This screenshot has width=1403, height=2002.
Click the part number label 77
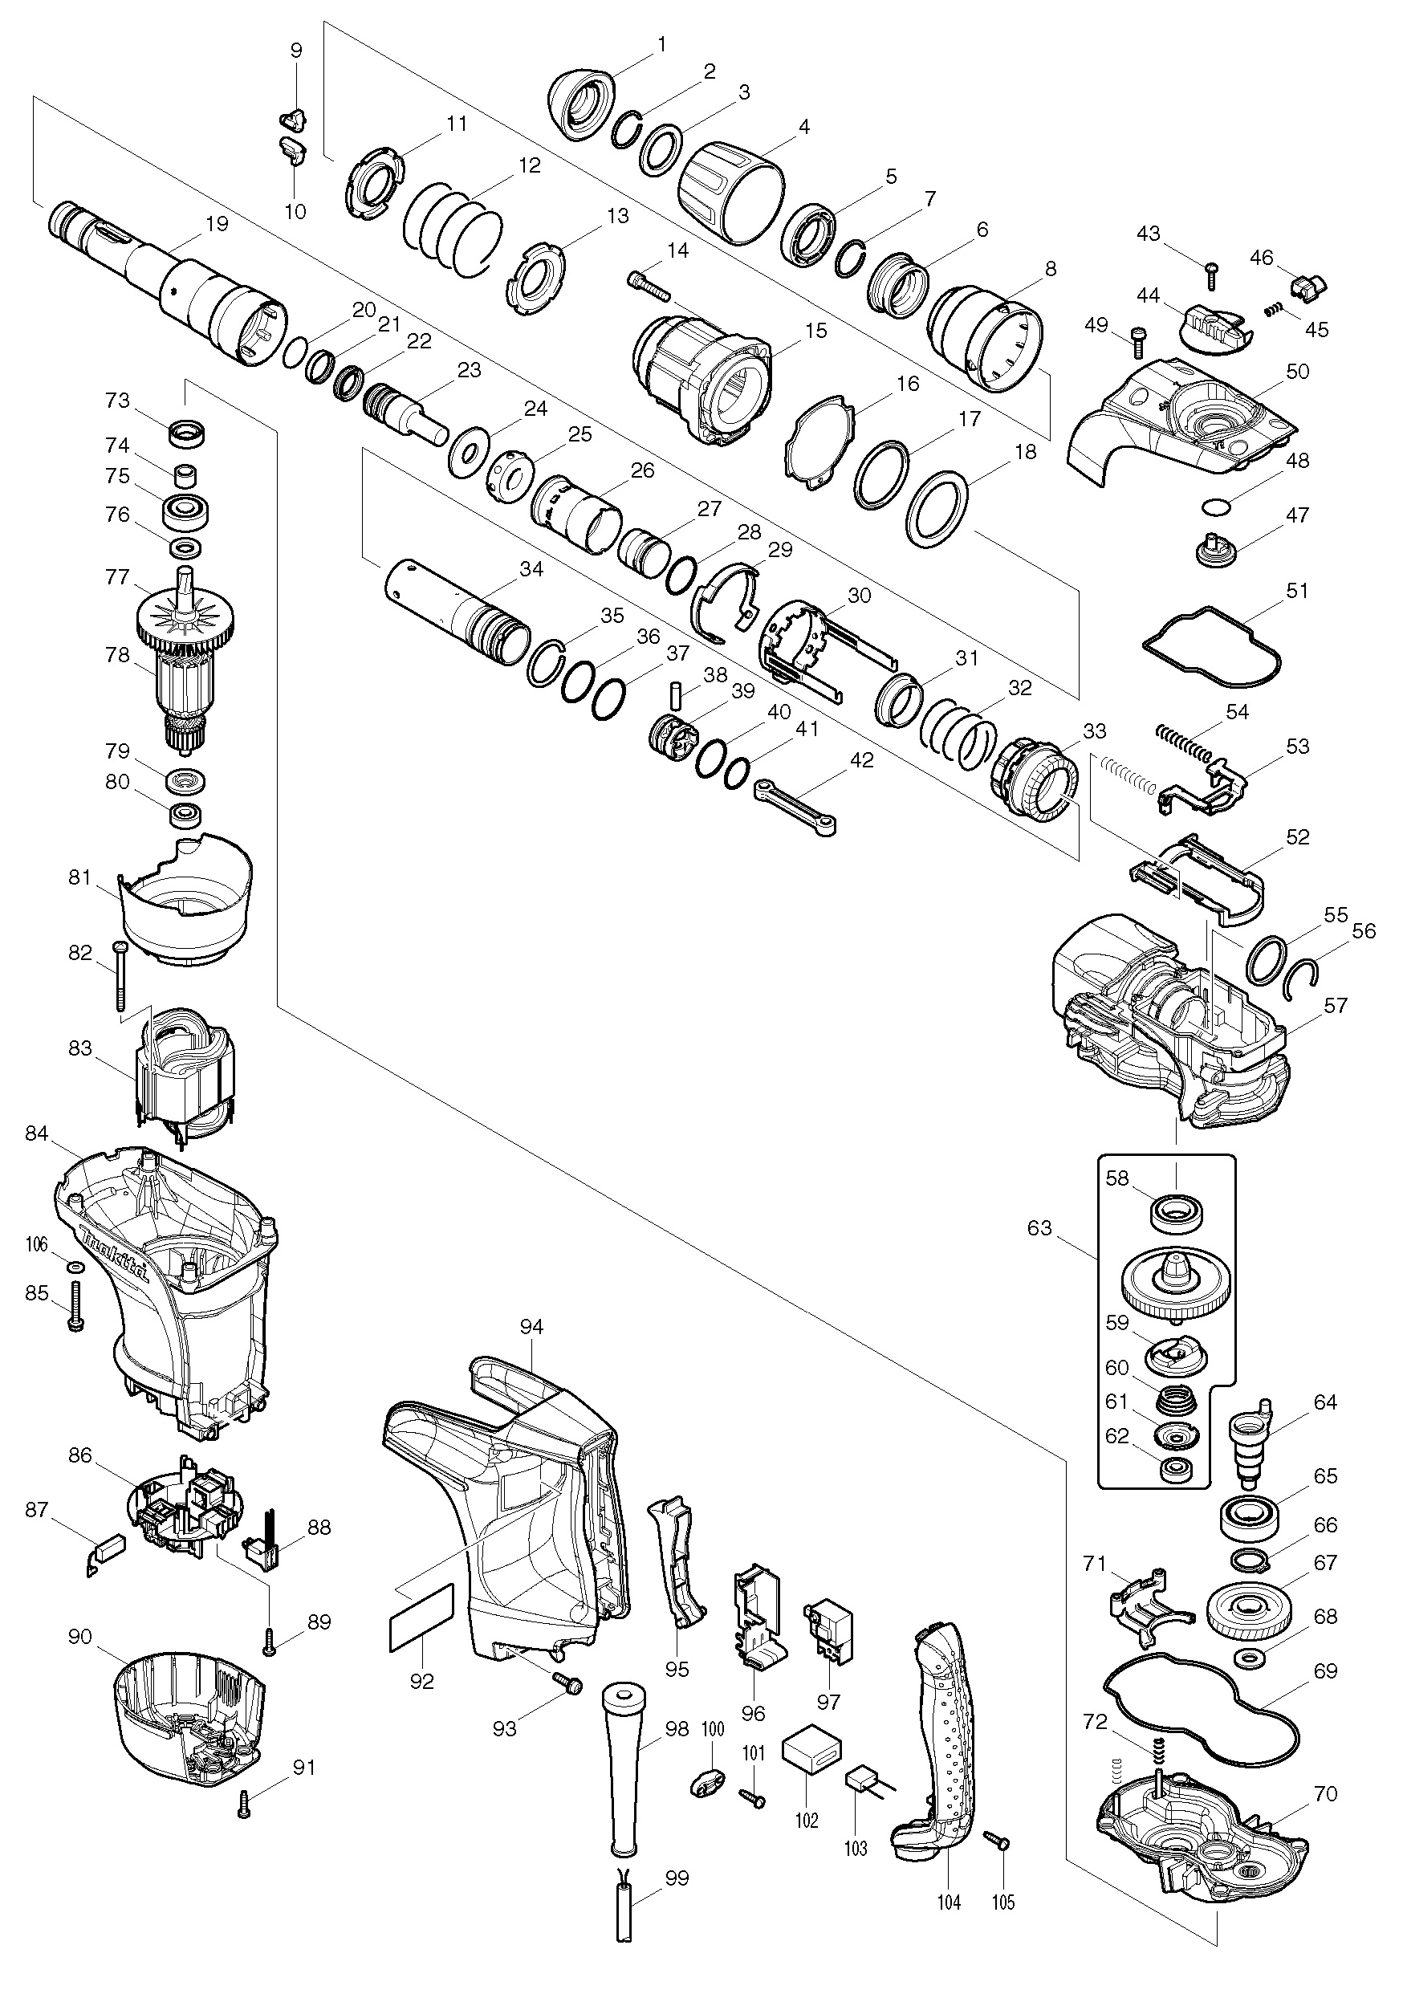coord(117,577)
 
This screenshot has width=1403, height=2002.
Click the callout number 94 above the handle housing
coord(531,1326)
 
